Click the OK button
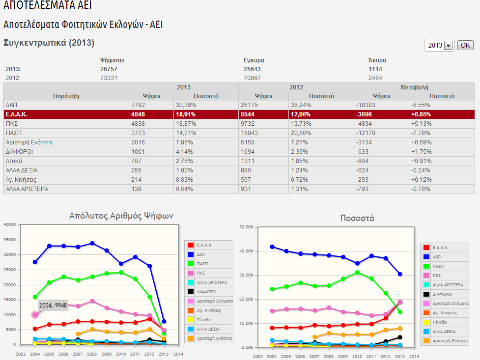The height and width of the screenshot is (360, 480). point(465,45)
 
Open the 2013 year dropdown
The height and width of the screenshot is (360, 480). point(448,45)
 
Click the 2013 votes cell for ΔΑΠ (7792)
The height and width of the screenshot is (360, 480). point(138,105)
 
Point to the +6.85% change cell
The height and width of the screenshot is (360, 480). point(422,114)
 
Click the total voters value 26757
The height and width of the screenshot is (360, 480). point(109,69)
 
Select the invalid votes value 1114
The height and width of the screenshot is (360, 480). point(375,69)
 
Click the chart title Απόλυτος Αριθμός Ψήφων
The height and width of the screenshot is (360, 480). point(121,216)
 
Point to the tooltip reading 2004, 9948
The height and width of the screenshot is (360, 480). point(53,305)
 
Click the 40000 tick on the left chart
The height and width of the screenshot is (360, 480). point(10,225)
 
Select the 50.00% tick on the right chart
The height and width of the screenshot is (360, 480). point(245,227)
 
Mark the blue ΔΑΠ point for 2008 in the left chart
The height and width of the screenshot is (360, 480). point(92,243)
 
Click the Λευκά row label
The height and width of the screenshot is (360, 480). point(14,161)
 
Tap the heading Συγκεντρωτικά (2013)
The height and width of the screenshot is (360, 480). point(49,43)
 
